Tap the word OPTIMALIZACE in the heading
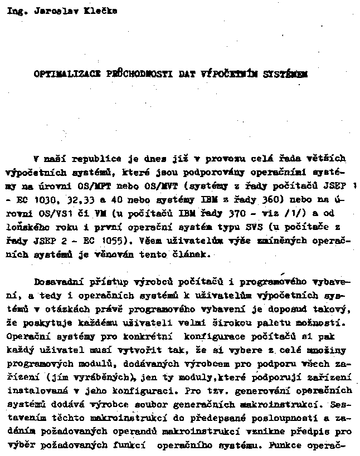[x=62, y=72]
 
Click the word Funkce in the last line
[x=285, y=446]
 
